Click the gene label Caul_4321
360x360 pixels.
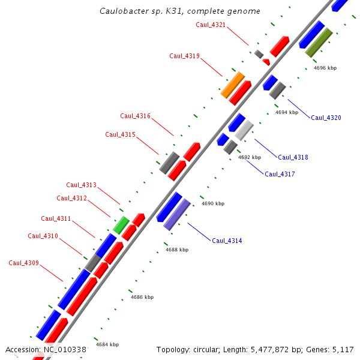pyautogui.click(x=211, y=25)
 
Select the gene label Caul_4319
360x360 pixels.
pyautogui.click(x=184, y=56)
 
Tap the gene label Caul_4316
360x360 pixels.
pyautogui.click(x=135, y=116)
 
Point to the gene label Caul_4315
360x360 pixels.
pyautogui.click(x=120, y=134)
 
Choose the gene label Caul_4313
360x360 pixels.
pyautogui.click(x=81, y=185)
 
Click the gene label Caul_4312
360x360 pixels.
pyautogui.click(x=71, y=198)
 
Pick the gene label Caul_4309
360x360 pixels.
pyautogui.click(x=23, y=263)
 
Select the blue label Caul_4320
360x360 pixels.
pyautogui.click(x=326, y=118)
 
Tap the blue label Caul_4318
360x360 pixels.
pyautogui.click(x=293, y=157)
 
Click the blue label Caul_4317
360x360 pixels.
pyautogui.click(x=280, y=174)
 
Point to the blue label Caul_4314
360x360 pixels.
pyautogui.click(x=227, y=241)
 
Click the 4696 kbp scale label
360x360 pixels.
pyautogui.click(x=325, y=68)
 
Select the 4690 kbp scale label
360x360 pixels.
pyautogui.click(x=212, y=203)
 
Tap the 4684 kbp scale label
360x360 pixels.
pyautogui.click(x=107, y=344)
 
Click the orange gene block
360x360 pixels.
pyautogui.click(x=232, y=85)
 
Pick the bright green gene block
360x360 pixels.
pyautogui.click(x=121, y=225)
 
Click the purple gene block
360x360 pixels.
pyautogui.click(x=177, y=214)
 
